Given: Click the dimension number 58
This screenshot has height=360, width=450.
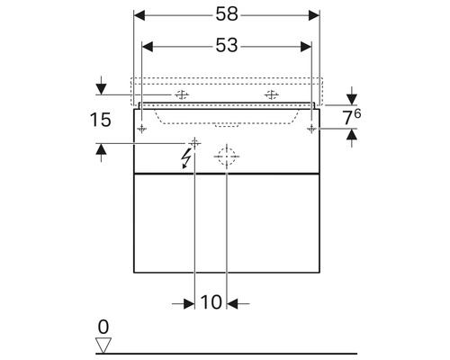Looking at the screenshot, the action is (x=227, y=14).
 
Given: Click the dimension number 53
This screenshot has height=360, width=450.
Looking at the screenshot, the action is (x=227, y=46).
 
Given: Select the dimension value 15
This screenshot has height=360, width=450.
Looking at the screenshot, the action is (x=101, y=120).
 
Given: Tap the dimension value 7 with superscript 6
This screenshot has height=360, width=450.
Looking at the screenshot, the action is (x=352, y=117).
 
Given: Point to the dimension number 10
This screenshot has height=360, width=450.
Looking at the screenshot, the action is (x=211, y=302).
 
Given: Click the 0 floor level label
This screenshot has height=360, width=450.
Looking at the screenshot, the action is (x=103, y=327).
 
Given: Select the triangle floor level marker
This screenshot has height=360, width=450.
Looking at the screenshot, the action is (x=103, y=346).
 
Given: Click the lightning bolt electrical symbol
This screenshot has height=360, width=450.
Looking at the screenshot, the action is (x=186, y=158).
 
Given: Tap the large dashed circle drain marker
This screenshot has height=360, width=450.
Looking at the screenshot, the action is (x=227, y=157).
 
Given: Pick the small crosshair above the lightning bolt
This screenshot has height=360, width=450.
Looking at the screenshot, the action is (x=194, y=143).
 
